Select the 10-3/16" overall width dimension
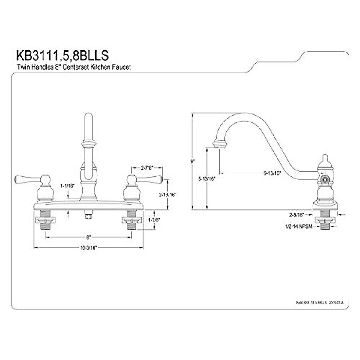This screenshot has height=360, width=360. (88, 248)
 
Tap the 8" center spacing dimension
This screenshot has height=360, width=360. (88, 237)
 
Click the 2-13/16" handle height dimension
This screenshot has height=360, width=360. (167, 194)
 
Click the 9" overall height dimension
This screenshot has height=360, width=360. (193, 161)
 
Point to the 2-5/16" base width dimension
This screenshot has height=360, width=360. (297, 214)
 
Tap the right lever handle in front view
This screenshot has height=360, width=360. (150, 179)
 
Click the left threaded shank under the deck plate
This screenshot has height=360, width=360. (45, 220)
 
